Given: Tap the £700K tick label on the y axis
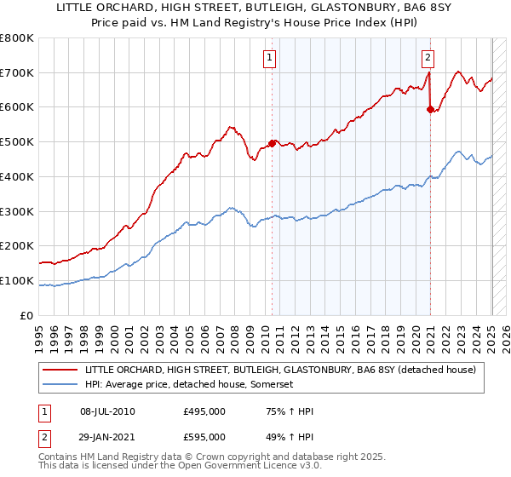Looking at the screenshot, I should click(x=18, y=72).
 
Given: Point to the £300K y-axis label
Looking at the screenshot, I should click(x=18, y=211).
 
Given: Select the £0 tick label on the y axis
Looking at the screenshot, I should click(x=26, y=315).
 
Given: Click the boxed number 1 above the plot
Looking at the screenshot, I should click(x=269, y=58).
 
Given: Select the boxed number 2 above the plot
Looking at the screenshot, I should click(x=428, y=58).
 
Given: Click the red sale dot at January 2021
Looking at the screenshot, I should click(x=430, y=108).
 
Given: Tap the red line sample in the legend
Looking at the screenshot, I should click(x=60, y=369).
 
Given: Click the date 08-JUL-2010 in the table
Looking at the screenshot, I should click(x=114, y=411).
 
